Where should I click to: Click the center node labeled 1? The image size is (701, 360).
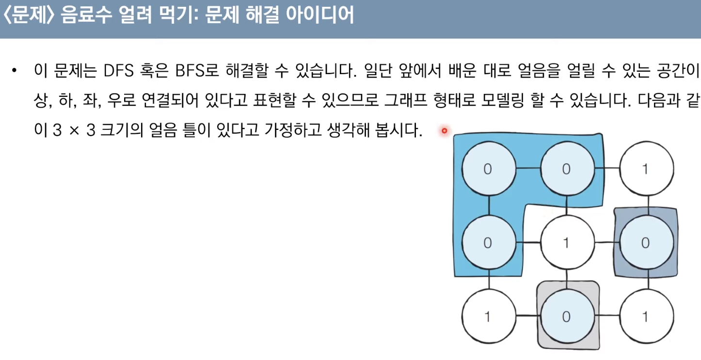click(567, 242)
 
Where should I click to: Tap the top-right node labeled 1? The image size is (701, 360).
click(645, 169)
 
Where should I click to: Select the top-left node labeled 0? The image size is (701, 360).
click(488, 169)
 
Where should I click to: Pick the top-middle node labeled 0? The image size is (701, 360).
click(566, 169)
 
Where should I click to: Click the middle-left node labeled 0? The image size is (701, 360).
click(488, 242)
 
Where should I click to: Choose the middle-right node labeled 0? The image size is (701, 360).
click(645, 242)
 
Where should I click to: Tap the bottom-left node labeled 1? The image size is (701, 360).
click(488, 317)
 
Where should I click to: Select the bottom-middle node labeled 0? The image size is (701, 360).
click(566, 317)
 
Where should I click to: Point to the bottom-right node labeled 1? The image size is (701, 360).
click(645, 317)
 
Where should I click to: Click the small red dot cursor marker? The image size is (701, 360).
click(444, 130)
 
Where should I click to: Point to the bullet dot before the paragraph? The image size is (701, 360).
click(15, 73)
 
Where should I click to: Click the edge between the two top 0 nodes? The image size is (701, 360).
click(527, 169)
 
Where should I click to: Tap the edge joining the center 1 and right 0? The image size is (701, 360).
click(606, 242)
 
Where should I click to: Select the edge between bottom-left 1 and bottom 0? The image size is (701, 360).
click(527, 317)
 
